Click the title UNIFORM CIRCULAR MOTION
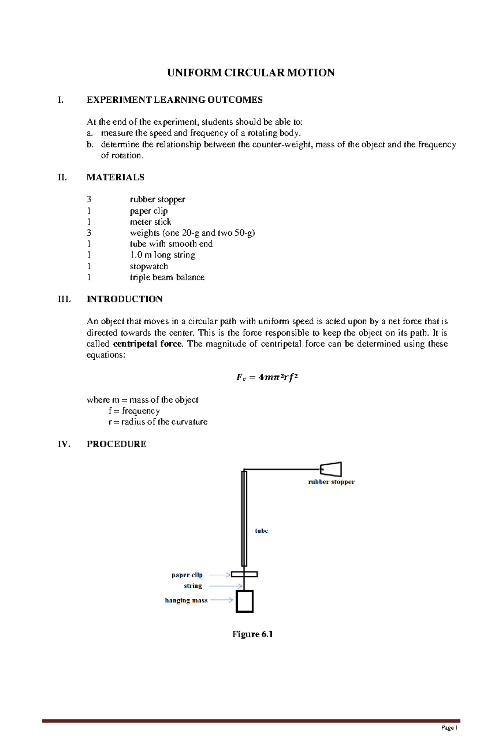[x=251, y=73]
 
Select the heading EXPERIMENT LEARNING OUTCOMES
[x=174, y=100]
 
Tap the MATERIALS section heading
[x=115, y=177]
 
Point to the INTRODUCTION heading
[x=124, y=299]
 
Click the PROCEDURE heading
[x=117, y=444]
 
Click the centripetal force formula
[x=267, y=377]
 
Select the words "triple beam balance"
[x=167, y=277]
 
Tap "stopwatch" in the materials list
[x=149, y=266]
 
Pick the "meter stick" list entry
[x=151, y=222]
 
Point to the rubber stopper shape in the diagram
[x=331, y=469]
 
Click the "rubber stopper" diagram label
[x=331, y=482]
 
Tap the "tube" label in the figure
[x=261, y=531]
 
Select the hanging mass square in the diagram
[x=245, y=601]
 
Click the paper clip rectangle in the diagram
[x=244, y=574]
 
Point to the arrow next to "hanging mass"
[x=221, y=600]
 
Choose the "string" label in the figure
[x=193, y=586]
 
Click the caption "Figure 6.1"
[x=252, y=634]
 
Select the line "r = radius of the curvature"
[x=158, y=422]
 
